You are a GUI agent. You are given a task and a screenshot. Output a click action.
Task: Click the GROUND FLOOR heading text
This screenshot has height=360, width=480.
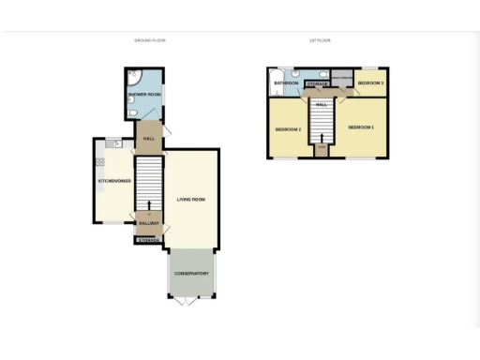[x=150, y=40]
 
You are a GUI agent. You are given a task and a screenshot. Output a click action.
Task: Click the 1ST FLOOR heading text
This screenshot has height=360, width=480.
[x=320, y=40]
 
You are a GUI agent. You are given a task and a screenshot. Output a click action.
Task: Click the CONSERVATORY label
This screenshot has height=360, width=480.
[x=190, y=275]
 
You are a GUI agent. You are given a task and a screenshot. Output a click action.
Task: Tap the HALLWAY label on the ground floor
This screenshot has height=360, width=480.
[x=149, y=223]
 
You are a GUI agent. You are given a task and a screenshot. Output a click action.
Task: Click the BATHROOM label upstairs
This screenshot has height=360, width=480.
[x=286, y=83]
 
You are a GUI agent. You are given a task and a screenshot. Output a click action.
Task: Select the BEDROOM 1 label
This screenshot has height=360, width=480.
[x=361, y=127]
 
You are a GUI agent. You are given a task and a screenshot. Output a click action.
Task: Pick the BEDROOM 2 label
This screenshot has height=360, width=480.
[x=287, y=128]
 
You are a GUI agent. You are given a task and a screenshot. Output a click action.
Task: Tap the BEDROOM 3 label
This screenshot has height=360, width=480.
[x=370, y=83]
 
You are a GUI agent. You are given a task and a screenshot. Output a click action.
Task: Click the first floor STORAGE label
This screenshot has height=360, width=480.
[x=318, y=84]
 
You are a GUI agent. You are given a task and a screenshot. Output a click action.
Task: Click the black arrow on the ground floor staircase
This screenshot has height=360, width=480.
[x=149, y=204]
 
